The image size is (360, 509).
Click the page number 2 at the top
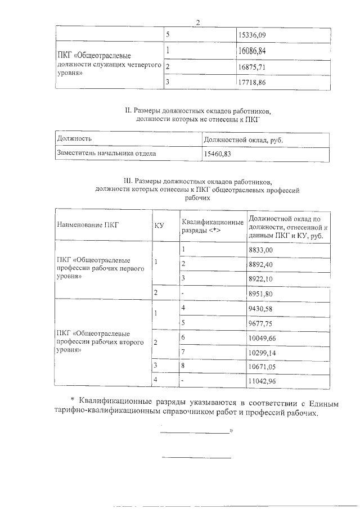[197, 22]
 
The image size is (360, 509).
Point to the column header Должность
[75, 138]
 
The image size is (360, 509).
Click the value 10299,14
[262, 352]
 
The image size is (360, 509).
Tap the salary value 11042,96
[262, 381]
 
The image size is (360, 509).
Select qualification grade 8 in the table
[183, 366]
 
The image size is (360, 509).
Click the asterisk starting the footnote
[72, 400]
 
